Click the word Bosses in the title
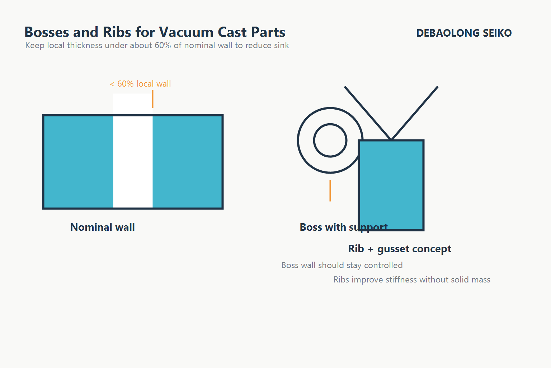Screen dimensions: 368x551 click(47, 32)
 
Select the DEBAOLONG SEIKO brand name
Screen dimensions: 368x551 click(463, 33)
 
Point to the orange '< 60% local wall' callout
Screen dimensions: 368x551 click(140, 84)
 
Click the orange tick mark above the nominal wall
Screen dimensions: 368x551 click(152, 99)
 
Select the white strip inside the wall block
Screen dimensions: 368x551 click(133, 162)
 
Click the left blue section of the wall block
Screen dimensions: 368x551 click(78, 162)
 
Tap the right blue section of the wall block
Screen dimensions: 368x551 click(187, 162)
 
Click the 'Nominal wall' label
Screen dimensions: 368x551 click(102, 227)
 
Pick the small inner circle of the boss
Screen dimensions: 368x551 click(330, 141)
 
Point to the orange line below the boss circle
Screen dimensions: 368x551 click(330, 190)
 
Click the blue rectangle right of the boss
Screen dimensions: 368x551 click(391, 180)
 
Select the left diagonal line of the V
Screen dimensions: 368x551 click(368, 113)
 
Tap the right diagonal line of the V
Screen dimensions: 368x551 click(414, 113)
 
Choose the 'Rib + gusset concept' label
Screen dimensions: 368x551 click(400, 249)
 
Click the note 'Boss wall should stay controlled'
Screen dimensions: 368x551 click(342, 265)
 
